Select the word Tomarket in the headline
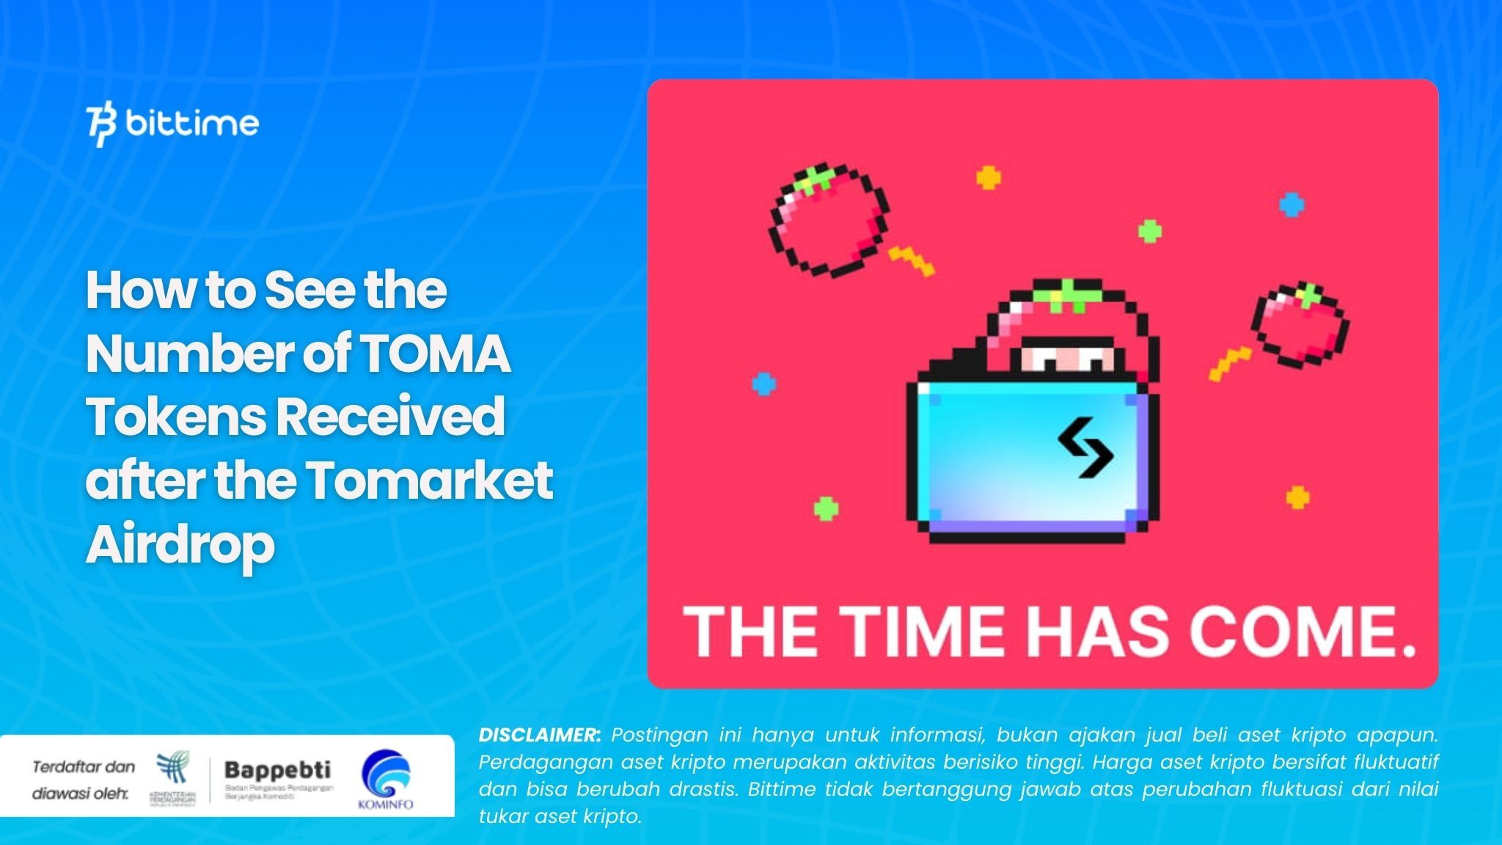(430, 480)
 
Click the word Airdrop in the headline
(180, 544)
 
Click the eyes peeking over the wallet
(1068, 359)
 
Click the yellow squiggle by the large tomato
(912, 260)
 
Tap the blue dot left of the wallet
(764, 383)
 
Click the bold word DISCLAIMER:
(539, 735)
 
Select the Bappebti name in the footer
(277, 770)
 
